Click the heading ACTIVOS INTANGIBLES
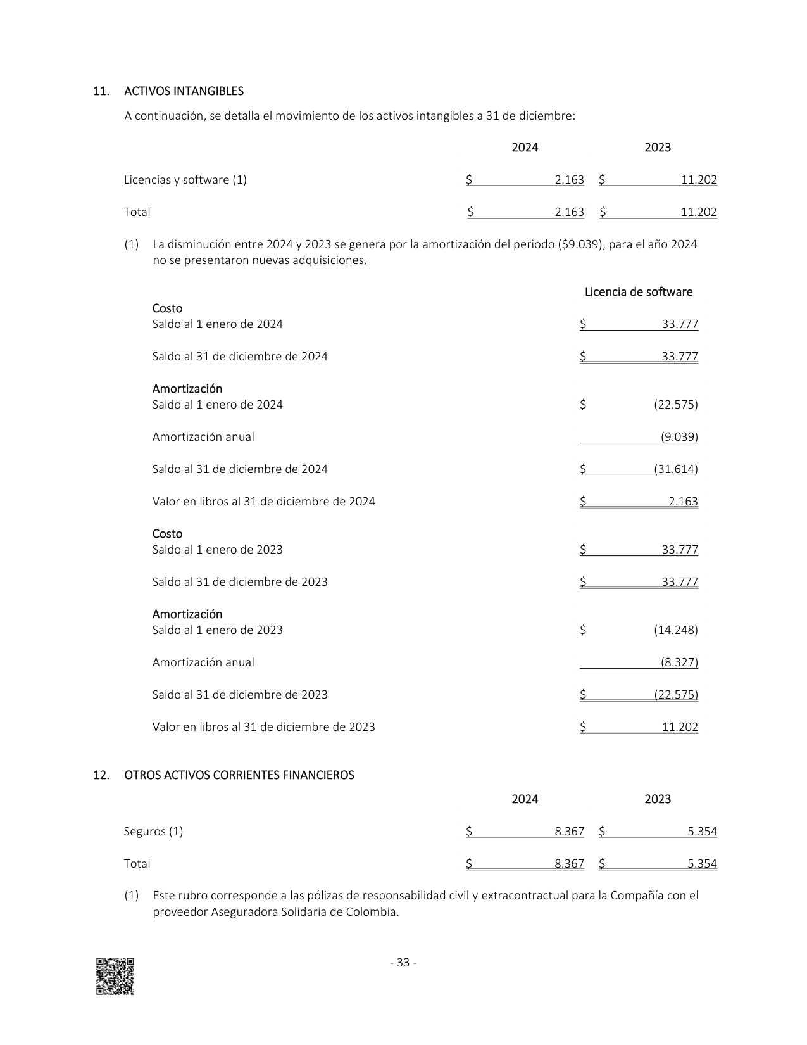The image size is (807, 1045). [x=184, y=91]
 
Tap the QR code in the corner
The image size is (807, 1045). [x=115, y=976]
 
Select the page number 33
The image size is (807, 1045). [x=403, y=963]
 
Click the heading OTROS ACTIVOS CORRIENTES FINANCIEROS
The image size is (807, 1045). [x=239, y=775]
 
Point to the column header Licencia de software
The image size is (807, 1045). [x=638, y=292]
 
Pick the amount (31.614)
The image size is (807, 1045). [x=676, y=469]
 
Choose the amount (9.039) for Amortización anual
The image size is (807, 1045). [x=679, y=437]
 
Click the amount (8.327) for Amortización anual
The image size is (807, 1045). [x=679, y=662]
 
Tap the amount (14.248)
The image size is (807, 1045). [x=676, y=630]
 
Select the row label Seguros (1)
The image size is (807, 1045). [x=154, y=832]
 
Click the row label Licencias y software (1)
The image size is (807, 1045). [x=185, y=180]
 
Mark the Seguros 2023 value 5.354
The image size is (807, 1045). [x=702, y=832]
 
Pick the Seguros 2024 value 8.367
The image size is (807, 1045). [x=569, y=832]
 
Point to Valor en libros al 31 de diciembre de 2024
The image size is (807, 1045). [x=263, y=502]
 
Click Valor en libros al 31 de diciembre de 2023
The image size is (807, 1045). [x=263, y=727]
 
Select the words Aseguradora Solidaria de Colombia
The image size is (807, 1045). [x=304, y=913]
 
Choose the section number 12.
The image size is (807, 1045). [x=101, y=775]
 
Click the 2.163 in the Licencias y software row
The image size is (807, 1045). [x=569, y=180]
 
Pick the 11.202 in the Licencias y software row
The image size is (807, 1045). [x=699, y=180]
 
